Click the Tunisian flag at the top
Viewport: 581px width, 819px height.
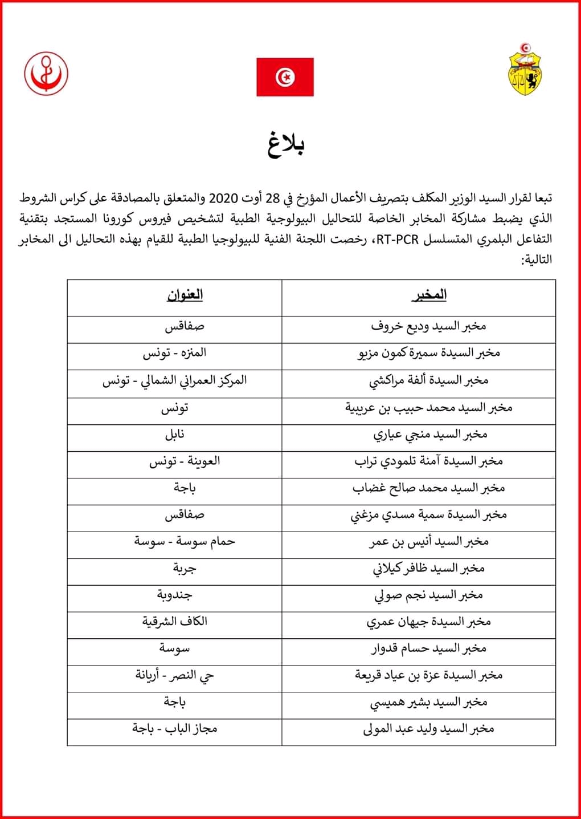[x=285, y=77]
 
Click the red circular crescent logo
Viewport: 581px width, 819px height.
[x=46, y=74]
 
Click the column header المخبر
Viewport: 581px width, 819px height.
[x=429, y=295]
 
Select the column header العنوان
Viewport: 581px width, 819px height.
[x=185, y=295]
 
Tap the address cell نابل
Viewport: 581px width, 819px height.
[x=175, y=435]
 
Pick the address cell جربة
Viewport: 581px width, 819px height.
[x=185, y=568]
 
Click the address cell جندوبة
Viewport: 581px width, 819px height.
[x=175, y=595]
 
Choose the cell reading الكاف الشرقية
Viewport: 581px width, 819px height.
[x=175, y=621]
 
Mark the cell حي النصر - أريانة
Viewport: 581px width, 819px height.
[x=175, y=675]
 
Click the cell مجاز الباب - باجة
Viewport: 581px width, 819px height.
[x=175, y=729]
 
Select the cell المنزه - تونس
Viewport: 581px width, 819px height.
[x=175, y=354]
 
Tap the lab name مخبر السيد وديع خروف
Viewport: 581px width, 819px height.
[x=429, y=327]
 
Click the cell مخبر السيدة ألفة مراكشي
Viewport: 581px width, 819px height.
[x=429, y=380]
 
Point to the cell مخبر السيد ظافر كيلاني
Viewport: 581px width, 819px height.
[x=429, y=568]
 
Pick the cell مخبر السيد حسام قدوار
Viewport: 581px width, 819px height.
[x=429, y=648]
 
